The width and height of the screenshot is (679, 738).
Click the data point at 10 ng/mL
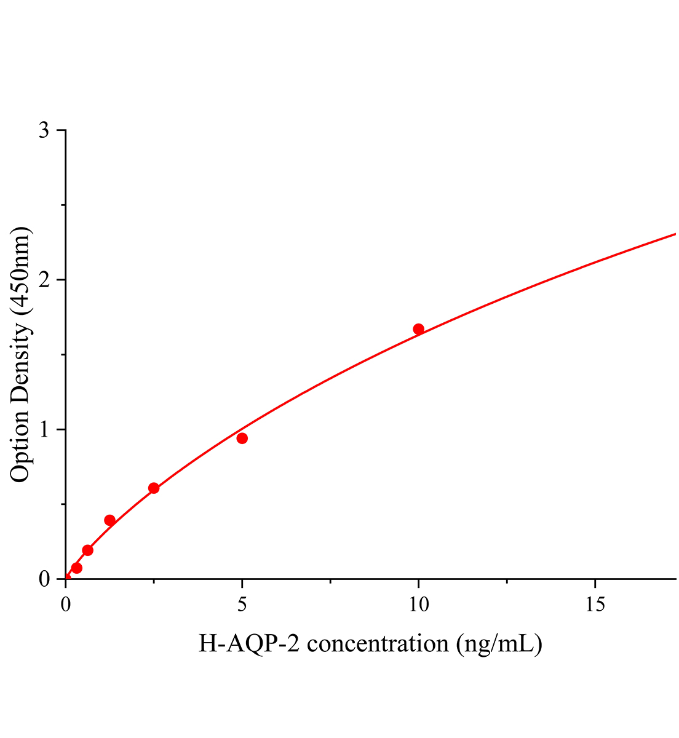pyautogui.click(x=418, y=329)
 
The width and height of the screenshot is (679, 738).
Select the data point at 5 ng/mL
pyautogui.click(x=242, y=438)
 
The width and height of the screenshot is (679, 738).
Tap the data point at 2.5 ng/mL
pyautogui.click(x=154, y=488)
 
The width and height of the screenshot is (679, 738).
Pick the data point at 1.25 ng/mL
pyautogui.click(x=109, y=520)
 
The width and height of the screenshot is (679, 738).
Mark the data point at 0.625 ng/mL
pyautogui.click(x=87, y=550)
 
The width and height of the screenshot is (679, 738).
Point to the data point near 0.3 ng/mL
pyautogui.click(x=76, y=568)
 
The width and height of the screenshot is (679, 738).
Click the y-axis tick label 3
pyautogui.click(x=44, y=131)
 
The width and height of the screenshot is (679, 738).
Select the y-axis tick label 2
pyautogui.click(x=44, y=280)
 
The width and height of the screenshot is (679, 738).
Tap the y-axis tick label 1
pyautogui.click(x=44, y=429)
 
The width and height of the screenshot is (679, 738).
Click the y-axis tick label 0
pyautogui.click(x=44, y=579)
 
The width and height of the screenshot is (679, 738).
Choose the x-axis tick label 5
pyautogui.click(x=242, y=605)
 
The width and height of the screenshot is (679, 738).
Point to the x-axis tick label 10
pyautogui.click(x=418, y=605)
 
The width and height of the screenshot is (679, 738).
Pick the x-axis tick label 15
pyautogui.click(x=595, y=605)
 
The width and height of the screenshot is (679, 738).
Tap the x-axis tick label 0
pyautogui.click(x=66, y=605)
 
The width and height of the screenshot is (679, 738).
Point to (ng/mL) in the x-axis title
pyautogui.click(x=499, y=644)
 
